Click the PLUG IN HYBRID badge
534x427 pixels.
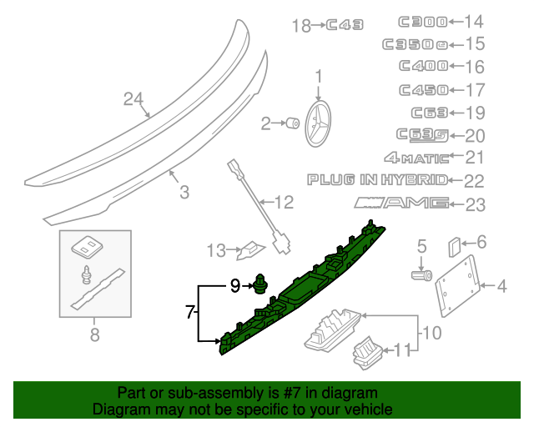coord(377,179)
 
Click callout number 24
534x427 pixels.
coord(133,99)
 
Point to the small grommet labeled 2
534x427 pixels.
coord(293,124)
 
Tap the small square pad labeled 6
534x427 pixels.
coord(455,247)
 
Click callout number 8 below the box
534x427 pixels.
coord(93,335)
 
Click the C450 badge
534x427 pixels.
coord(422,89)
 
